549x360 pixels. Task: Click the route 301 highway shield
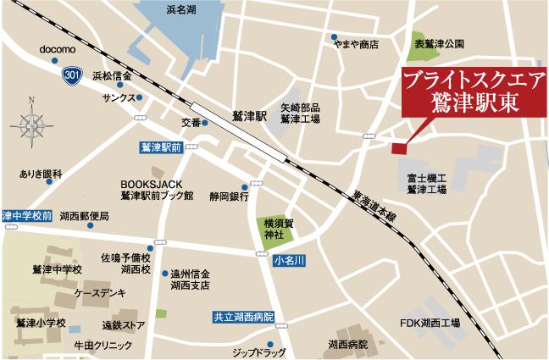[x=74, y=77]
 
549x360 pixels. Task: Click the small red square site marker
[x=398, y=149]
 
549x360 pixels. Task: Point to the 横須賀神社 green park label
[x=275, y=226]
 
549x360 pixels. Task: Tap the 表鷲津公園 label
[x=434, y=40]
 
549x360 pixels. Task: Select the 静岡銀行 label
[x=227, y=197]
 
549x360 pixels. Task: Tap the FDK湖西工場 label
[x=430, y=323]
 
